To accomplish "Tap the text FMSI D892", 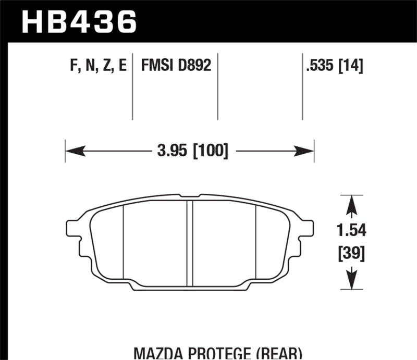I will click(174, 66).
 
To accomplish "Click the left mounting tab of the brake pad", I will click(72, 229).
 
